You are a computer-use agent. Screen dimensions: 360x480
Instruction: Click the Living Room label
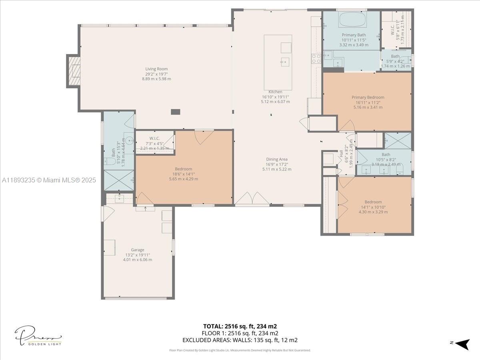tap(156, 69)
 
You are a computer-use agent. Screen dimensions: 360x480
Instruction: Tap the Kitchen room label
tap(275, 92)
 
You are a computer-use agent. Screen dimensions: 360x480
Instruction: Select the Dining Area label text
tap(277, 159)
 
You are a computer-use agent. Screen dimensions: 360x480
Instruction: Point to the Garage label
tap(137, 250)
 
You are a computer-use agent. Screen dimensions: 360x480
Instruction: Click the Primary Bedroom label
tap(368, 97)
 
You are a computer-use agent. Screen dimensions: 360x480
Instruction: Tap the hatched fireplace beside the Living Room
tap(74, 71)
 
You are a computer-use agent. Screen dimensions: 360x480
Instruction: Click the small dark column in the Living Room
tap(175, 112)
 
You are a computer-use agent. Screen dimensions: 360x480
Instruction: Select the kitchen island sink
tap(285, 61)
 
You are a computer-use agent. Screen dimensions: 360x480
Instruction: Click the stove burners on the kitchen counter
tap(316, 59)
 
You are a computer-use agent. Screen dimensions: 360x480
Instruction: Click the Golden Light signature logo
tap(38, 336)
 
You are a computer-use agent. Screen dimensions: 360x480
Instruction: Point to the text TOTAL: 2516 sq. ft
tap(240, 326)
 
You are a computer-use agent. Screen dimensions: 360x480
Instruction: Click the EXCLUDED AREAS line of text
tap(240, 340)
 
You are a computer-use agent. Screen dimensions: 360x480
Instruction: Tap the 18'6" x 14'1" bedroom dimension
tap(183, 174)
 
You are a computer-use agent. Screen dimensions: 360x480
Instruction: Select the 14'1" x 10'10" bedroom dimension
tap(373, 207)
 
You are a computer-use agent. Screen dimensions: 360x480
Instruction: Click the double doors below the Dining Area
tap(252, 199)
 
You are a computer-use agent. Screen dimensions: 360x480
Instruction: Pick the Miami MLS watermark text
tap(49, 180)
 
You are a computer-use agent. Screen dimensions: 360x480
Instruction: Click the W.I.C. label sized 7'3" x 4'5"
tap(154, 138)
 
